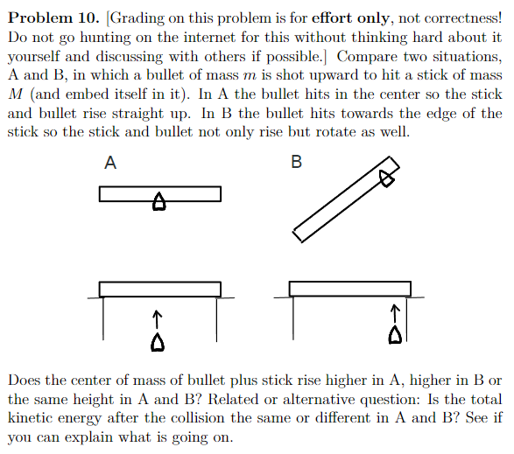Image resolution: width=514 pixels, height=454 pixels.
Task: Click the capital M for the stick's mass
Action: pos(17,95)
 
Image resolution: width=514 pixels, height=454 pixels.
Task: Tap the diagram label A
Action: pos(110,162)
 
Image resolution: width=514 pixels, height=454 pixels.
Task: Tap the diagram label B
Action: pos(295,162)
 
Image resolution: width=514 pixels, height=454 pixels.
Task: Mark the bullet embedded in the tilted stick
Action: pos(385,178)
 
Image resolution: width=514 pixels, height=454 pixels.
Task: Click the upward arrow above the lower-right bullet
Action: pos(396,311)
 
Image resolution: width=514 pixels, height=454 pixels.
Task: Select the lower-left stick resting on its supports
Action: pos(159,289)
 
